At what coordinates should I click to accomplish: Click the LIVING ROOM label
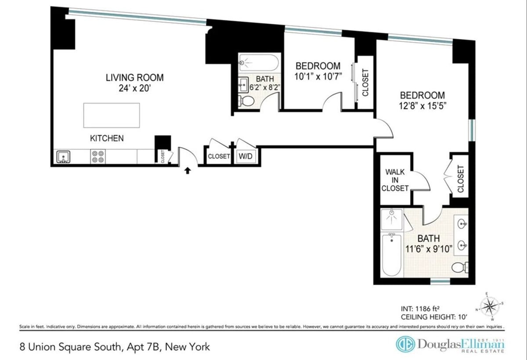click(x=134, y=78)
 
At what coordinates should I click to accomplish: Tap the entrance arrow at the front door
click(x=188, y=170)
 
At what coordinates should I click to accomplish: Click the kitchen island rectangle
click(x=112, y=115)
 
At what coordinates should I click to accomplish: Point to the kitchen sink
click(x=63, y=157)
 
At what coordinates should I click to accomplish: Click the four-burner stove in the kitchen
click(x=97, y=157)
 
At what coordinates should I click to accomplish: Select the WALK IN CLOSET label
click(x=395, y=180)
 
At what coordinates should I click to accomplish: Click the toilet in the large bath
click(x=460, y=266)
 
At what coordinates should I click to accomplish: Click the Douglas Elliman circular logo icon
click(x=405, y=344)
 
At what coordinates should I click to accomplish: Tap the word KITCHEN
click(x=107, y=138)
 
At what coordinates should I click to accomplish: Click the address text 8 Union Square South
click(x=70, y=347)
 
